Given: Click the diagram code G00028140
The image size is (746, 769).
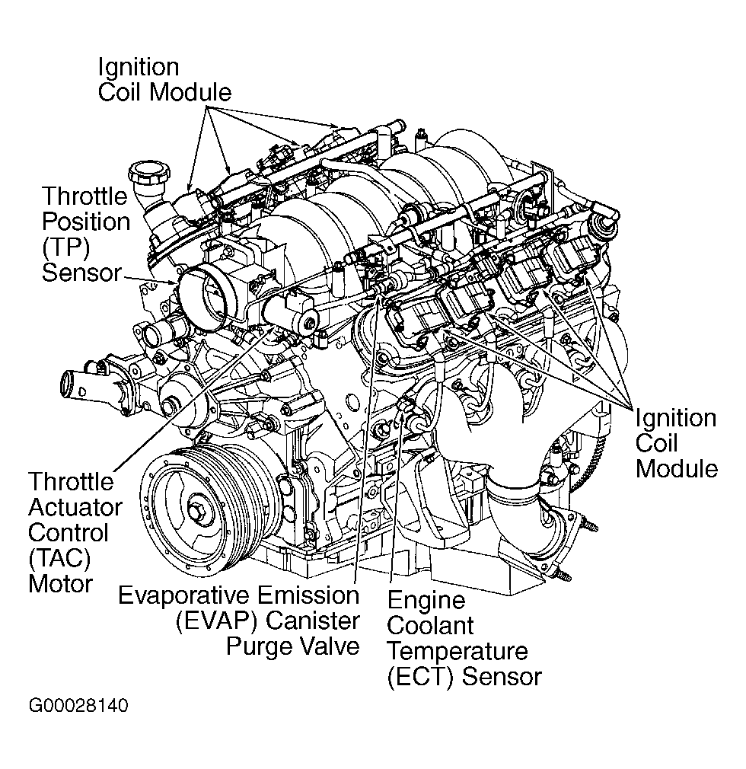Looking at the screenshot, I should (78, 706).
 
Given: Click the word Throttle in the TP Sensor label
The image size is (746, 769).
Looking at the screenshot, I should (84, 196).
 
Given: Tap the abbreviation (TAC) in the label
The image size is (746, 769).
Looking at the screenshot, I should (59, 558).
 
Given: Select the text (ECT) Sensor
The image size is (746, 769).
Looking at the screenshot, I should (464, 676).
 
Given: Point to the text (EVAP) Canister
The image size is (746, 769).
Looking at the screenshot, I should (266, 621).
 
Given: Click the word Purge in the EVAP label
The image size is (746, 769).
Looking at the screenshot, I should (260, 646).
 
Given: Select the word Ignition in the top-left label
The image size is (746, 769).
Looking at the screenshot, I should (139, 67).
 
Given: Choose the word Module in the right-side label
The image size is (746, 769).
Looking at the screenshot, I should (677, 468).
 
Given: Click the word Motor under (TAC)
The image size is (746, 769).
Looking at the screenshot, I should (60, 584).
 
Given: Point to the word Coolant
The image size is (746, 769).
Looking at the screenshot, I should (430, 626).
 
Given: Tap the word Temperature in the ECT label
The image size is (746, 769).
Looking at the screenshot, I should (457, 651).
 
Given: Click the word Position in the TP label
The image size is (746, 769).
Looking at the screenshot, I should (86, 222).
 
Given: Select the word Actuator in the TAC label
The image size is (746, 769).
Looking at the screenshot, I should (75, 506).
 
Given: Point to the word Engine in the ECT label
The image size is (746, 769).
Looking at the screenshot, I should (426, 600).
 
